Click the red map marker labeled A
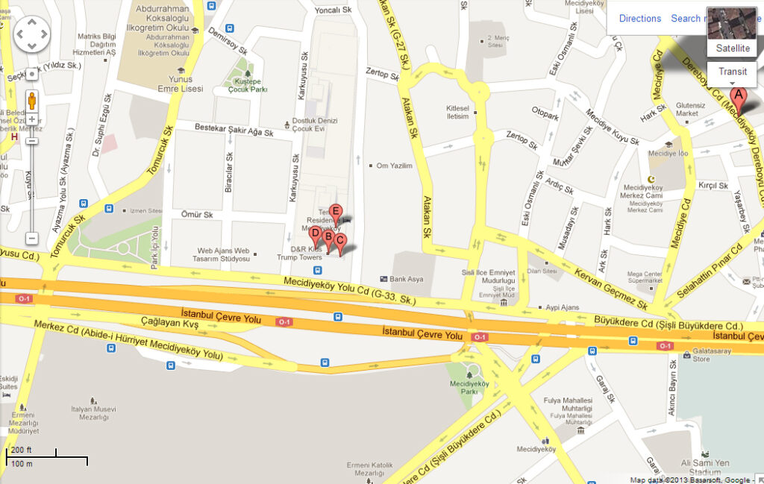pyautogui.click(x=739, y=96)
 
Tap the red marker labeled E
pyautogui.click(x=336, y=213)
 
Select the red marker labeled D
pyautogui.click(x=315, y=234)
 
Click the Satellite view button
pyautogui.click(x=733, y=48)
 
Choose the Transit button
pyautogui.click(x=733, y=72)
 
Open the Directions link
pyautogui.click(x=640, y=19)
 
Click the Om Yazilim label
pyautogui.click(x=395, y=166)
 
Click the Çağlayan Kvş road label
pyautogui.click(x=169, y=324)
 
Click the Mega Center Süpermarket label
pyautogui.click(x=645, y=277)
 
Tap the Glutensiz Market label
pyautogui.click(x=691, y=110)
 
